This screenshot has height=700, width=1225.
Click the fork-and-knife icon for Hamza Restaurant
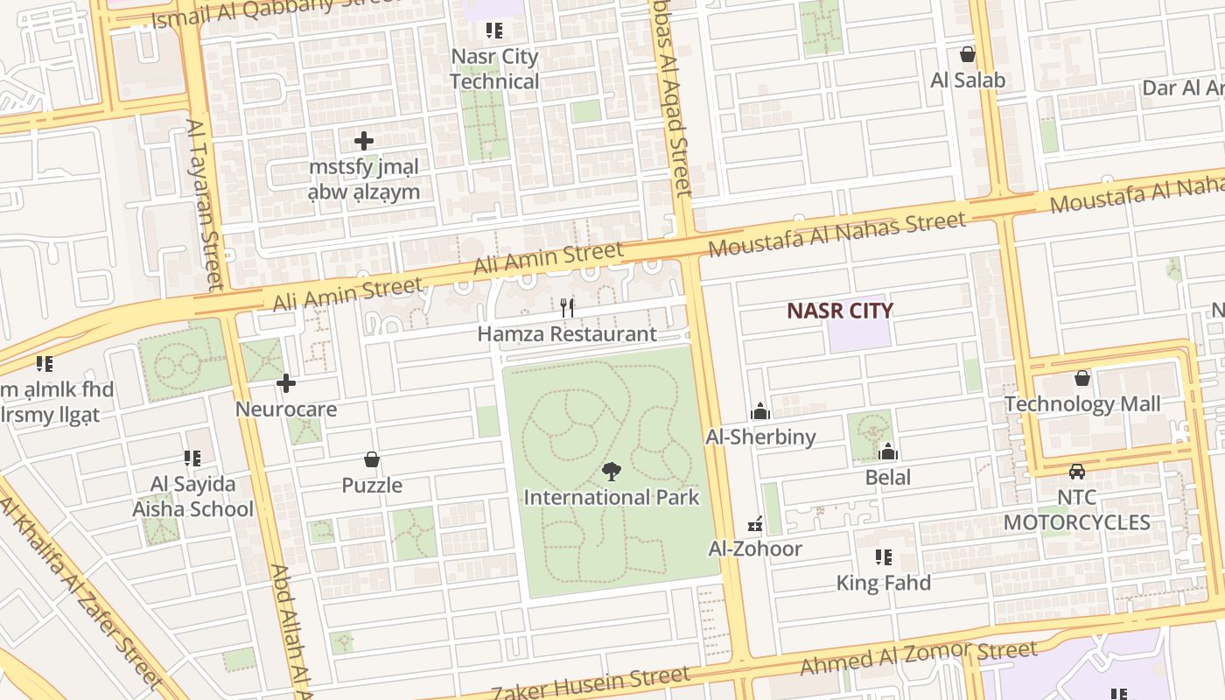pos(567,307)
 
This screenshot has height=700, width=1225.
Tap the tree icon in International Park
pos(612,472)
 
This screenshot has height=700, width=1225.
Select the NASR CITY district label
pos(839,311)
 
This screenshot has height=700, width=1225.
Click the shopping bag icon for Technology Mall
pos(1082,378)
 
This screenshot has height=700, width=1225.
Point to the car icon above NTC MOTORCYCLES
pos(1077,471)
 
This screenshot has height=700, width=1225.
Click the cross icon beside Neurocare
pos(286,383)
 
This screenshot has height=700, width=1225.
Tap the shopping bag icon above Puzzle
pos(372,459)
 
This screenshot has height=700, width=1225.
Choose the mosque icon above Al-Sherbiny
pos(760,411)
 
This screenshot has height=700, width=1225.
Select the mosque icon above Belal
pos(888,451)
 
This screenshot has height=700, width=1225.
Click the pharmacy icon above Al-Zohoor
pos(755,524)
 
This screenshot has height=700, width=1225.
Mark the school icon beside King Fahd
pos(884,557)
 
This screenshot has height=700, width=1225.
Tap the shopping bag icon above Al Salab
pos(968,54)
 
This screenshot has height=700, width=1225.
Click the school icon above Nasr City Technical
pos(494,31)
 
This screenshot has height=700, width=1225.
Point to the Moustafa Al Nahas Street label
pos(836,234)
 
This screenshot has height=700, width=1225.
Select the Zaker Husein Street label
pos(590,684)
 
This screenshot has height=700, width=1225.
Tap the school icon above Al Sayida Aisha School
pos(192,458)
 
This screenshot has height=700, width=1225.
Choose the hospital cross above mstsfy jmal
pos(364,140)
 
